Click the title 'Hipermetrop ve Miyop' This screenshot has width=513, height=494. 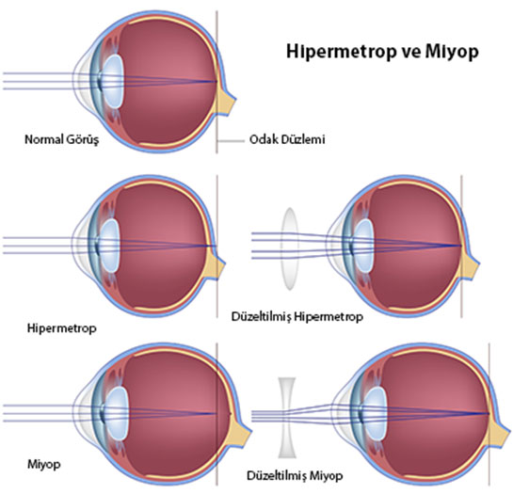(x=382, y=52)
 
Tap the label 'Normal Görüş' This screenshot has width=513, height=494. (x=61, y=139)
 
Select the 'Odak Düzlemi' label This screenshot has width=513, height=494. (x=287, y=139)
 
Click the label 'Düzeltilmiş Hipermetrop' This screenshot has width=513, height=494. (x=297, y=317)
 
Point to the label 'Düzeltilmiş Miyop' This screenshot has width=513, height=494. (x=295, y=475)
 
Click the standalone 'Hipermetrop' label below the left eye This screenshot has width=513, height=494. (x=62, y=328)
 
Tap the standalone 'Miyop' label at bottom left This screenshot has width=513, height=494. (x=44, y=464)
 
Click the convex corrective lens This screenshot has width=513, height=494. (x=290, y=249)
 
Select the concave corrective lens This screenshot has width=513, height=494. (x=287, y=418)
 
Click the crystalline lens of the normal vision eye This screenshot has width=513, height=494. (x=113, y=81)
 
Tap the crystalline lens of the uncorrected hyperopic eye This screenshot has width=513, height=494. (x=109, y=246)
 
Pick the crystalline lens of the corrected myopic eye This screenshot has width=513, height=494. (x=376, y=413)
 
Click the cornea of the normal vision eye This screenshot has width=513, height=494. (x=78, y=81)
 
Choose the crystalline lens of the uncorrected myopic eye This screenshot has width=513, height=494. (x=118, y=413)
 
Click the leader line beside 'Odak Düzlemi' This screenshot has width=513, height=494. (x=231, y=141)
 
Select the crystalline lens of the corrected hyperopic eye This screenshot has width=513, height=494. (x=364, y=246)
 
